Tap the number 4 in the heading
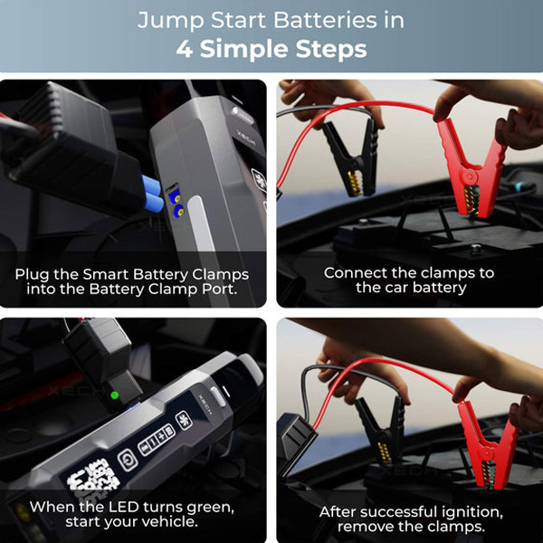pos(186,49)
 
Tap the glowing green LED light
pos(114,395)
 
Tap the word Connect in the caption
pos(356,272)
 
